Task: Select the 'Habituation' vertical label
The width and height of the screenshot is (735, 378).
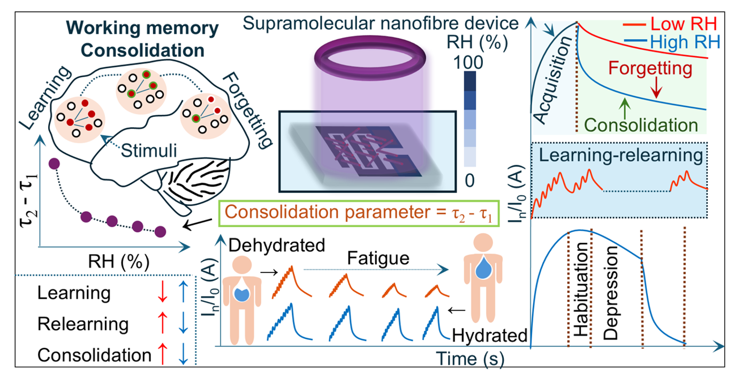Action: coord(580,289)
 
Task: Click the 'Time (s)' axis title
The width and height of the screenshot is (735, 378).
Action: coord(469,358)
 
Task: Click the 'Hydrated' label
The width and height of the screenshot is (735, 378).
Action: coord(489,336)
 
